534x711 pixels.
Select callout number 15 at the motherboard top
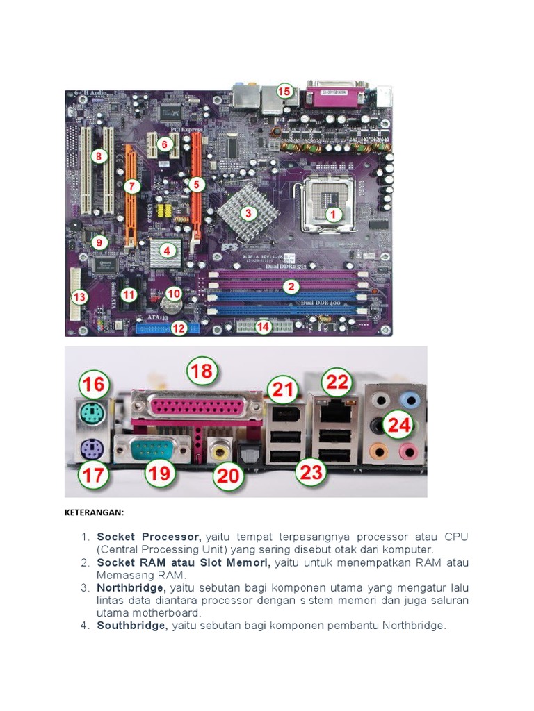(x=284, y=91)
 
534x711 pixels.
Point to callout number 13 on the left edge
(x=80, y=297)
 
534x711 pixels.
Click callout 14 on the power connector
(x=263, y=327)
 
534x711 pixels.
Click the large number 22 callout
(x=337, y=381)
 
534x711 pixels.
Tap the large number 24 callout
(x=399, y=425)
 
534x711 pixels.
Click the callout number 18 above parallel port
(x=202, y=371)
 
